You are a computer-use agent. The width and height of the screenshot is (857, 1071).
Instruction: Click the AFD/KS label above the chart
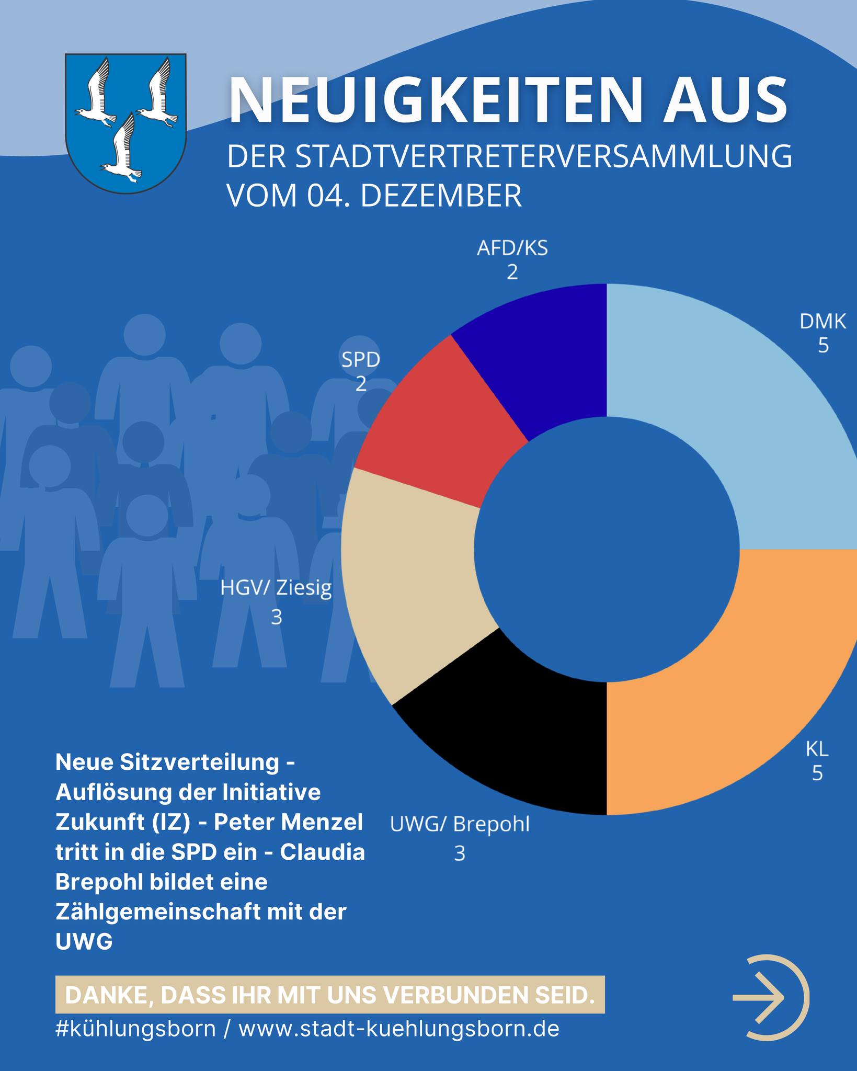pos(512,248)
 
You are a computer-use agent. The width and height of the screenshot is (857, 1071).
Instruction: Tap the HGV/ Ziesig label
pos(276,588)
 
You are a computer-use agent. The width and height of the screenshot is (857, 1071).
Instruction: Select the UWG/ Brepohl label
pos(460,825)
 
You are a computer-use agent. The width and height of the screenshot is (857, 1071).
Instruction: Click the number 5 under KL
pos(817,773)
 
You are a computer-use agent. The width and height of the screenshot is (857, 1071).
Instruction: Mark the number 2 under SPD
pos(361,385)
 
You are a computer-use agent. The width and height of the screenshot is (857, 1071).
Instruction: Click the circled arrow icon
pos(771,997)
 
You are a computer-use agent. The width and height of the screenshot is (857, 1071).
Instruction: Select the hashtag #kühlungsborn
pos(135,1029)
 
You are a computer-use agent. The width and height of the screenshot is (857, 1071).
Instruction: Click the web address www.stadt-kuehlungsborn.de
pos(399,1029)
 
